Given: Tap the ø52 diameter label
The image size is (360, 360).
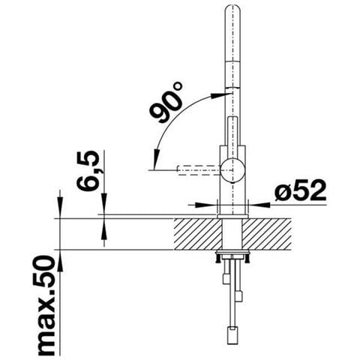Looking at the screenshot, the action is point(301,190).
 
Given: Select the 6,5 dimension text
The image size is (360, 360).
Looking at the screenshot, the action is point(88,171).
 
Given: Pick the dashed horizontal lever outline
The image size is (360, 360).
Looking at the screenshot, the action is point(199,170).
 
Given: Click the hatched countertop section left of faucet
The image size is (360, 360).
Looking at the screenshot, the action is point(197,234).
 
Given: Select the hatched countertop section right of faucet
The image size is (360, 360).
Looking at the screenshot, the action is point(266,234).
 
